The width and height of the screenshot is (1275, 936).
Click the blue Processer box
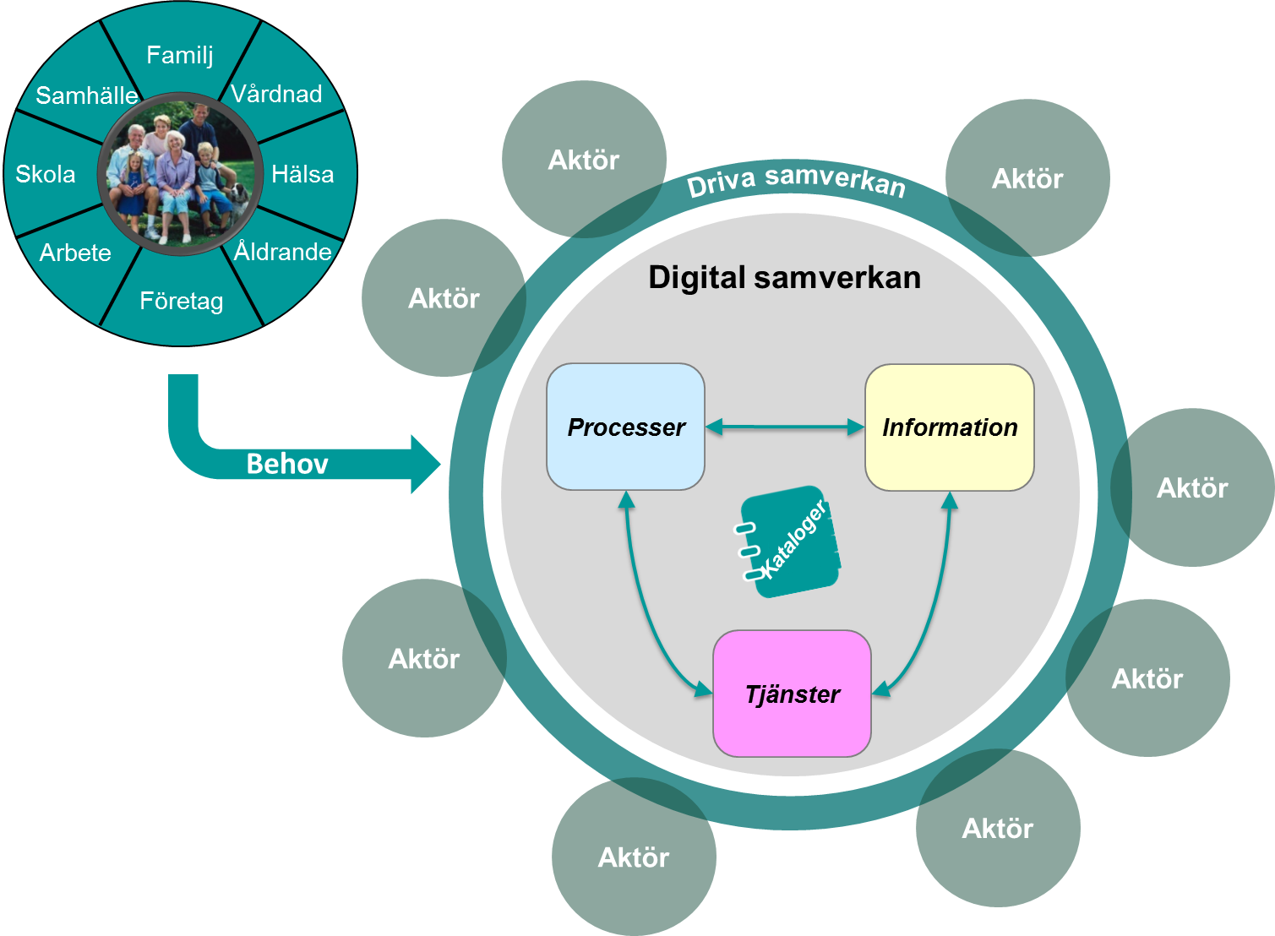pyautogui.click(x=625, y=427)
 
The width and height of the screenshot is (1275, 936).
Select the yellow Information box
pyautogui.click(x=949, y=427)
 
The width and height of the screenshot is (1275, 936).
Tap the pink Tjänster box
pyautogui.click(x=792, y=694)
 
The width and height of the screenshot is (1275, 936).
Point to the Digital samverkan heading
pyautogui.click(x=784, y=278)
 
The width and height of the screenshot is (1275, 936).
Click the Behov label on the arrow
pyautogui.click(x=287, y=464)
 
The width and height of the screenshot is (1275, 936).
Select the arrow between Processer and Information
pyautogui.click(x=785, y=427)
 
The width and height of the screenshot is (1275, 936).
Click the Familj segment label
pyautogui.click(x=179, y=55)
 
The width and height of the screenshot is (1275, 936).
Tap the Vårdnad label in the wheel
pyautogui.click(x=276, y=94)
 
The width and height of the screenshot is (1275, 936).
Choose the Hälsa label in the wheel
pyautogui.click(x=302, y=174)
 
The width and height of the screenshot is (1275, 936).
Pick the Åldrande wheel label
pyautogui.click(x=282, y=252)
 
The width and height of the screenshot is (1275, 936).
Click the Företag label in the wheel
pyautogui.click(x=181, y=301)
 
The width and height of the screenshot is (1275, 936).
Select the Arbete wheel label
pyautogui.click(x=75, y=253)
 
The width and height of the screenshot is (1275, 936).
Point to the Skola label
pyautogui.click(x=46, y=174)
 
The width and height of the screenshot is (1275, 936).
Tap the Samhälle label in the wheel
pyautogui.click(x=86, y=95)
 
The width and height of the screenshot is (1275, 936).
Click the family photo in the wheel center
pyautogui.click(x=179, y=173)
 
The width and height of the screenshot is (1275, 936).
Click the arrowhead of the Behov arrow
pyautogui.click(x=426, y=464)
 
